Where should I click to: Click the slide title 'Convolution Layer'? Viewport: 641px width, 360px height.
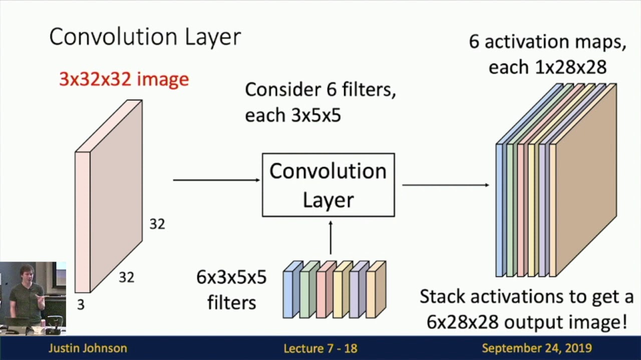[145, 37]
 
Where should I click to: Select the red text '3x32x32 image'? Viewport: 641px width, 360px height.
[124, 79]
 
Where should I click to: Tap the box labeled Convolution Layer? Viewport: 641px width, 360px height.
[328, 185]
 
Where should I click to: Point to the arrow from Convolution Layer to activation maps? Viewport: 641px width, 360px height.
[445, 185]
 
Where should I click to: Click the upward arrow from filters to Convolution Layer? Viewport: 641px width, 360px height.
[330, 237]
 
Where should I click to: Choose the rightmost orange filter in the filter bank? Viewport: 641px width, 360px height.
[375, 292]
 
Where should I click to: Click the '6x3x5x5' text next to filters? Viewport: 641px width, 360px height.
[231, 277]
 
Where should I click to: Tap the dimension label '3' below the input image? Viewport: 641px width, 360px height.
[81, 304]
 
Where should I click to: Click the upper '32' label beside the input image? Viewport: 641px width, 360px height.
[157, 224]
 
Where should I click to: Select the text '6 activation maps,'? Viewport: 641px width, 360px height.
[547, 42]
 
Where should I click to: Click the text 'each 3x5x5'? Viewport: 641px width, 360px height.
[292, 115]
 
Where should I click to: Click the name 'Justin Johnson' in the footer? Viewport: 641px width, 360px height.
[88, 348]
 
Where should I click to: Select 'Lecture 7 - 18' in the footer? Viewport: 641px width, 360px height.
[320, 348]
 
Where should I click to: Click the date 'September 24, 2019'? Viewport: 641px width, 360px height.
[536, 348]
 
